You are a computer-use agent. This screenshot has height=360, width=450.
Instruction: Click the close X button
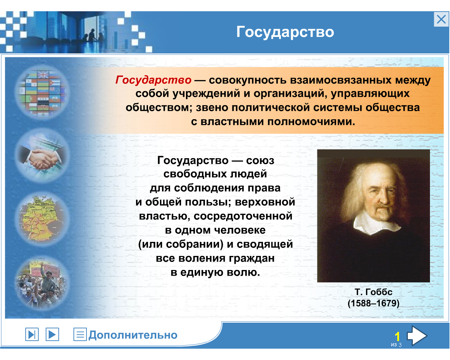pyautogui.click(x=441, y=19)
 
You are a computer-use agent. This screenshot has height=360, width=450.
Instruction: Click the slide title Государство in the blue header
pyautogui.click(x=285, y=32)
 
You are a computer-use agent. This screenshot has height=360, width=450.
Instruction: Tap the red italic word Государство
pyautogui.click(x=153, y=80)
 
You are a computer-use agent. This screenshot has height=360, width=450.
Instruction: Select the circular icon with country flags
pyautogui.click(x=42, y=92)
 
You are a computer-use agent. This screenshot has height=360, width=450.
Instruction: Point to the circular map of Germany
pyautogui.click(x=42, y=219)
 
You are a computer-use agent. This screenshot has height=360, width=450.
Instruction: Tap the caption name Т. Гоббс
pyautogui.click(x=373, y=292)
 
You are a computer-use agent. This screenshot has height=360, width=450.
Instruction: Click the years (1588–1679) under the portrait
pyautogui.click(x=373, y=303)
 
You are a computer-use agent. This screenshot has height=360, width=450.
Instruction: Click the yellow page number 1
pyautogui.click(x=397, y=336)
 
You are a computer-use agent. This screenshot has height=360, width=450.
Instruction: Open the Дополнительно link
pyautogui.click(x=133, y=335)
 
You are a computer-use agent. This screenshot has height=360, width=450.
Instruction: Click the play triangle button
pyautogui.click(x=52, y=334)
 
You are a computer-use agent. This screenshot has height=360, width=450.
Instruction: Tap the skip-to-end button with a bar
pyautogui.click(x=32, y=334)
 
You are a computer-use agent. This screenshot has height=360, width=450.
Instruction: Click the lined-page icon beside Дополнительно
pyautogui.click(x=80, y=334)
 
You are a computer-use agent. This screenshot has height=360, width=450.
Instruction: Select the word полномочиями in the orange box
pyautogui.click(x=311, y=122)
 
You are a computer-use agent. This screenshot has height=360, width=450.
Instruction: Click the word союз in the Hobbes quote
pyautogui.click(x=260, y=161)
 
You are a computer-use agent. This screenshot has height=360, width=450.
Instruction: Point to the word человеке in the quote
pyautogui.click(x=240, y=230)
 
